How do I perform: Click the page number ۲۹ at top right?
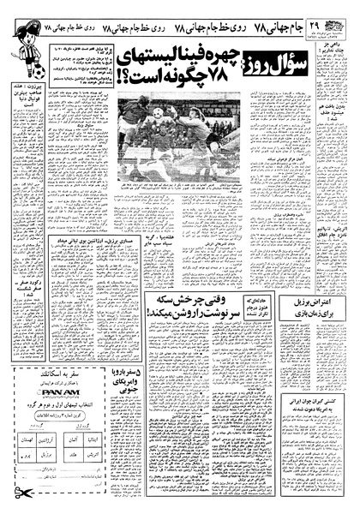point(342,10)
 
